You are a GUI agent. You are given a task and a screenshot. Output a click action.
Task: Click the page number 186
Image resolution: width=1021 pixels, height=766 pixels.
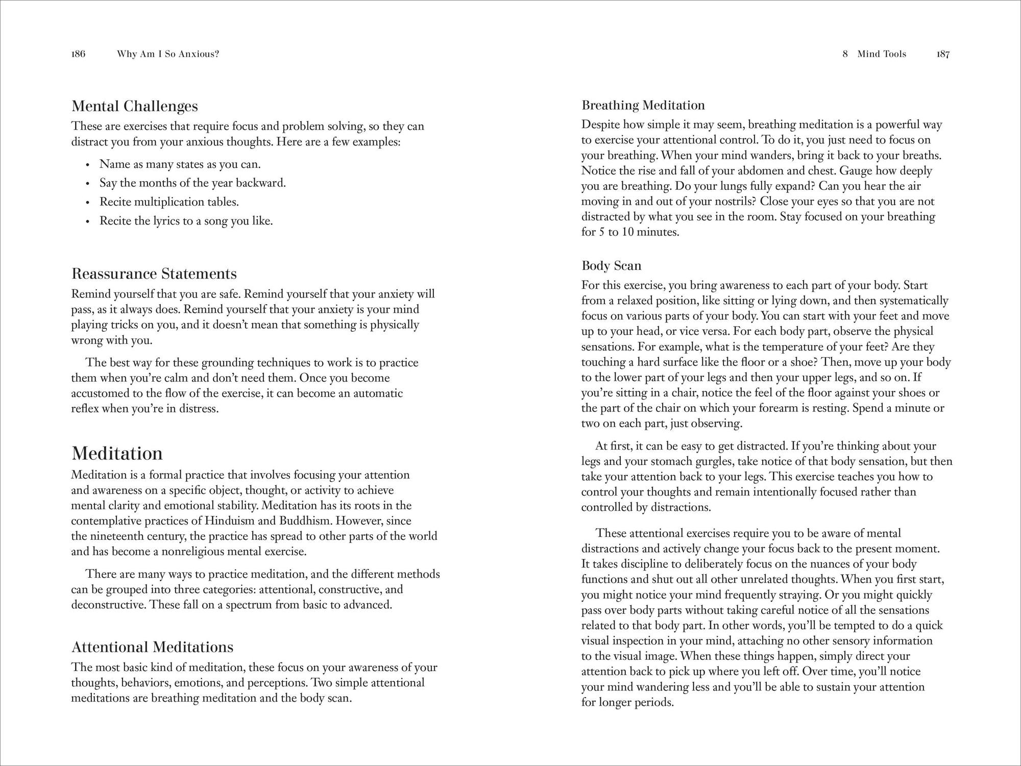78,54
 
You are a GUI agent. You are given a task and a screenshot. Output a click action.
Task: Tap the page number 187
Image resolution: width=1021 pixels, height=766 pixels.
943,54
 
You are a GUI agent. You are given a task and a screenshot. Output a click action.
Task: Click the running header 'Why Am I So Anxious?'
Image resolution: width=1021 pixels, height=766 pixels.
168,54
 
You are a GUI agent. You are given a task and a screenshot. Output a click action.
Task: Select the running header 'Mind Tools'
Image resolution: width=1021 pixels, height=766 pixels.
882,54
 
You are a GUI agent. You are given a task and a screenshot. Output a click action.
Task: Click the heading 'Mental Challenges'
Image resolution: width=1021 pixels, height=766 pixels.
135,106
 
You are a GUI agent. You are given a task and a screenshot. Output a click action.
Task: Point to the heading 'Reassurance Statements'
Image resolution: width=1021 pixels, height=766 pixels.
154,274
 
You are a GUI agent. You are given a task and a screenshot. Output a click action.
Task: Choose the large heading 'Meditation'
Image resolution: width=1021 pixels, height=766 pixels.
117,454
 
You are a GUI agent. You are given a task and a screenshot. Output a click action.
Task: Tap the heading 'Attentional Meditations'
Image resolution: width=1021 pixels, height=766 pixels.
153,647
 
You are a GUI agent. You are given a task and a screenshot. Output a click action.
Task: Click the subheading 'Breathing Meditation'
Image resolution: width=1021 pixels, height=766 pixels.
643,106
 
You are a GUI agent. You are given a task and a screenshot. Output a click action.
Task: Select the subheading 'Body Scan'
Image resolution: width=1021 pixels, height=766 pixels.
611,266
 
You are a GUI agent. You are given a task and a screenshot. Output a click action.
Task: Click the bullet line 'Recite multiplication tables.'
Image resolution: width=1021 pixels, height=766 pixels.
169,202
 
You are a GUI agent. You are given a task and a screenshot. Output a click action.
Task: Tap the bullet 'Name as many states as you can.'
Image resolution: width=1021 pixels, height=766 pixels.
180,164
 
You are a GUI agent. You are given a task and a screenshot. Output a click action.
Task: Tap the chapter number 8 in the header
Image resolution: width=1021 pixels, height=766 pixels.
845,54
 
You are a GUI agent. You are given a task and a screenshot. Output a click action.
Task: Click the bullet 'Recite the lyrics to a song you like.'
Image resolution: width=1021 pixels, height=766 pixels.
186,221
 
